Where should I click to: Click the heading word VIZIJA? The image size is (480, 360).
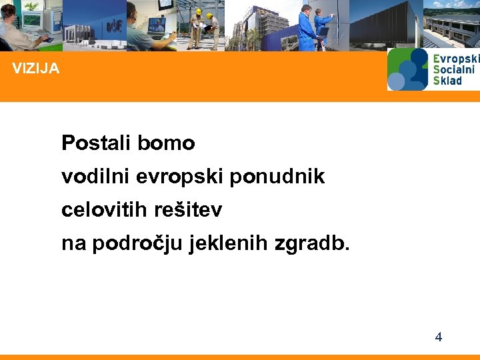35,68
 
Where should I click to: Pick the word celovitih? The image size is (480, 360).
105,210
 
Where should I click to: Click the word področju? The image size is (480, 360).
138,244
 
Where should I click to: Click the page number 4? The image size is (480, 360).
438,337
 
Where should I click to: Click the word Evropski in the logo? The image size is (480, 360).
455,59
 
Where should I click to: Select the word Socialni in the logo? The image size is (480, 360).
454,69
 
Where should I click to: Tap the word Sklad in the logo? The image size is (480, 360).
447,80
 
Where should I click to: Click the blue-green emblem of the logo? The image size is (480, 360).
407,69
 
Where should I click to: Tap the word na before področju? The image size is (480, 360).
73,244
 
